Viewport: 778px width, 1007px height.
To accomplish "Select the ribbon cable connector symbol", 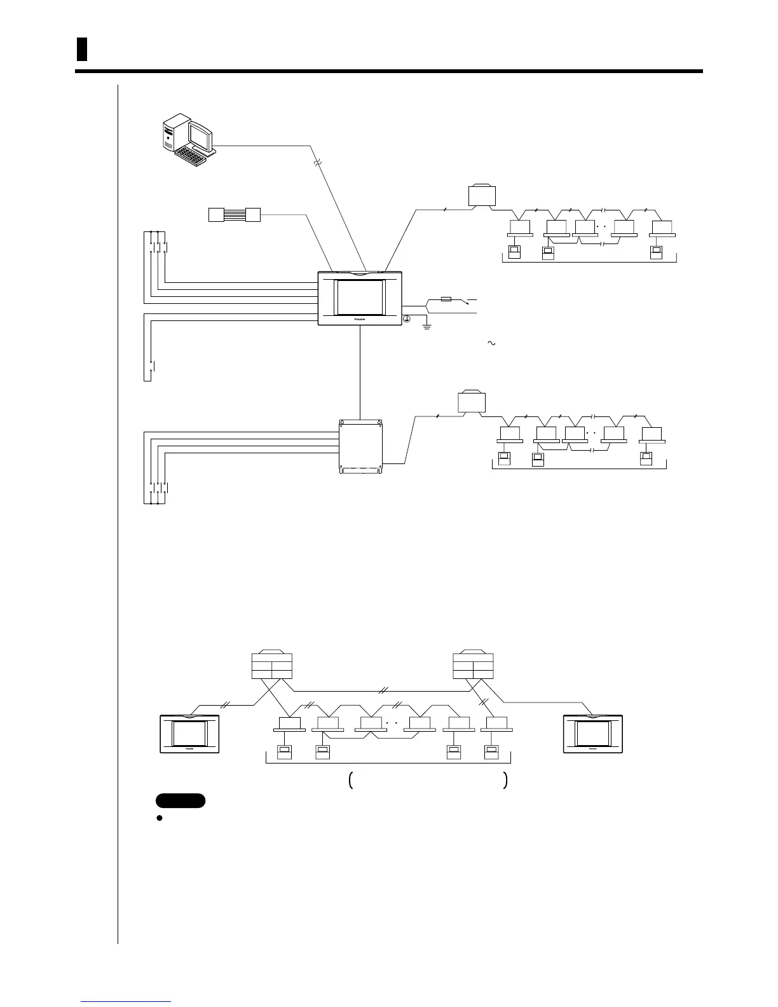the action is pyautogui.click(x=235, y=214).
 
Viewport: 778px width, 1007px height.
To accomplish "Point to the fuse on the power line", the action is pyautogui.click(x=446, y=298).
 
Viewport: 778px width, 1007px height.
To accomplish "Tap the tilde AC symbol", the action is pyautogui.click(x=491, y=343).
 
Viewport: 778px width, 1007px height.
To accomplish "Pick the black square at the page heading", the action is pyautogui.click(x=81, y=50).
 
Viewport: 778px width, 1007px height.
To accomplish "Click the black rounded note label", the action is pyautogui.click(x=181, y=800).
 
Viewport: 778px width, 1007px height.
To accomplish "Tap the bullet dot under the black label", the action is pyautogui.click(x=160, y=818).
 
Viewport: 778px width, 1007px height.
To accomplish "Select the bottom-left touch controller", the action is pyautogui.click(x=189, y=734).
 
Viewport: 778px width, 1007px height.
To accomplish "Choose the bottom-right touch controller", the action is pyautogui.click(x=593, y=734).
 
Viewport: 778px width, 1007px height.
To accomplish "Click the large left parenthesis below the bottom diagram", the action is pyautogui.click(x=351, y=781).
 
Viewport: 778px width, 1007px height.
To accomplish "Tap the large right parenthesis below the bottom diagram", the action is pyautogui.click(x=505, y=781).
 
